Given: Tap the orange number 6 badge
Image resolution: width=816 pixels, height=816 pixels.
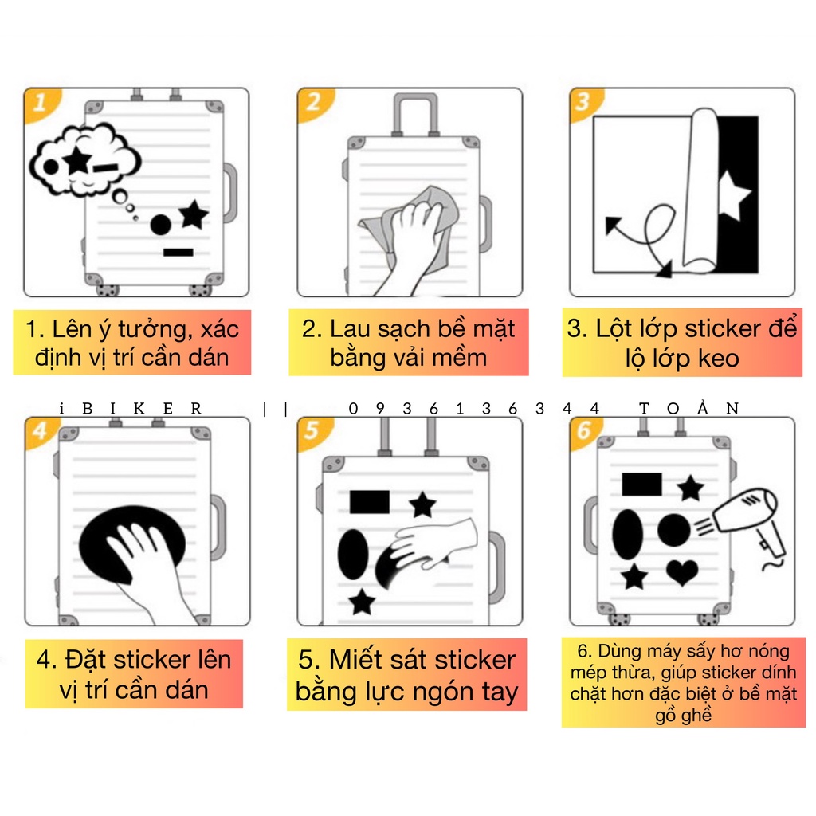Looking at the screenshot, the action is coord(584,431).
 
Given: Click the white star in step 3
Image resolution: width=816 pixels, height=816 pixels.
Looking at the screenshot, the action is coord(733,196).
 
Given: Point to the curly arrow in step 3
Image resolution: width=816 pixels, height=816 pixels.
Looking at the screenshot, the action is coord(643,238).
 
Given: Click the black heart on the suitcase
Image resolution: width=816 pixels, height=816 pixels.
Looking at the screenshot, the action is coord(682,572).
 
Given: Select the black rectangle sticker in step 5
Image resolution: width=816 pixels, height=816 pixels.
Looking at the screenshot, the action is coord(370,502).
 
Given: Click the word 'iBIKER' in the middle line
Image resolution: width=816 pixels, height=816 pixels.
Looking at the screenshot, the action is coord(130,409).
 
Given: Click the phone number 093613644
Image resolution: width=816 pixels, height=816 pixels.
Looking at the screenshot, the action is coord(473,409).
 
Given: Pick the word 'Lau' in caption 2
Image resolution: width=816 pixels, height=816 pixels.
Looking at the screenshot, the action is coord(351,329).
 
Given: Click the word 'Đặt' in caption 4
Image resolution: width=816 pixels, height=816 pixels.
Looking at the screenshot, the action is coord(85,660).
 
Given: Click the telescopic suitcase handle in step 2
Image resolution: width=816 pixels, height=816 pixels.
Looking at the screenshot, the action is coord(416,115).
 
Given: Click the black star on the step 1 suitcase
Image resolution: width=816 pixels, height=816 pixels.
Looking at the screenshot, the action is coord(193,215).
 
